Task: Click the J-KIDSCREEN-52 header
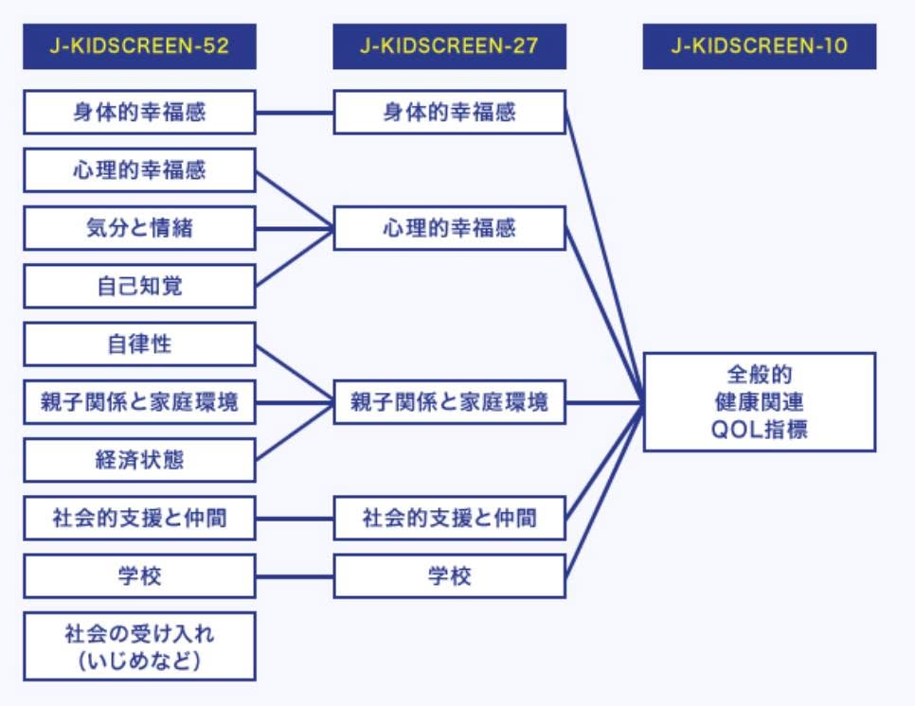[139, 46]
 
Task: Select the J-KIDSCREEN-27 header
[449, 46]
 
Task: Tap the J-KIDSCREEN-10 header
[760, 46]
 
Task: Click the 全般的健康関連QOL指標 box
[760, 401]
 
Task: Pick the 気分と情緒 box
[139, 228]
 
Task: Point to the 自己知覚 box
[139, 286]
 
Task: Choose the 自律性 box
[139, 344]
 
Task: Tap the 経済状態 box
[139, 460]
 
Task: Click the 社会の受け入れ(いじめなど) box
[139, 646]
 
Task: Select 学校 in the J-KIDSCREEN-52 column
[139, 576]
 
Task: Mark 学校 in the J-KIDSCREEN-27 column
[449, 576]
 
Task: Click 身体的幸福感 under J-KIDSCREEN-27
[449, 112]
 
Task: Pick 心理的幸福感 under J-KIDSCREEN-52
[139, 170]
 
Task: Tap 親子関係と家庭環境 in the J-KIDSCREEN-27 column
[449, 402]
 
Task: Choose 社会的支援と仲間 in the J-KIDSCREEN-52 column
[139, 518]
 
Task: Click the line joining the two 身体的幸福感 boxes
[295, 113]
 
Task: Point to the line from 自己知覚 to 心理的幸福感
[295, 257]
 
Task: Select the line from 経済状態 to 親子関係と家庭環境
[295, 432]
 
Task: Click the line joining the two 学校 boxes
[295, 576]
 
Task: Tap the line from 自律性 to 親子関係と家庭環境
[295, 374]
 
